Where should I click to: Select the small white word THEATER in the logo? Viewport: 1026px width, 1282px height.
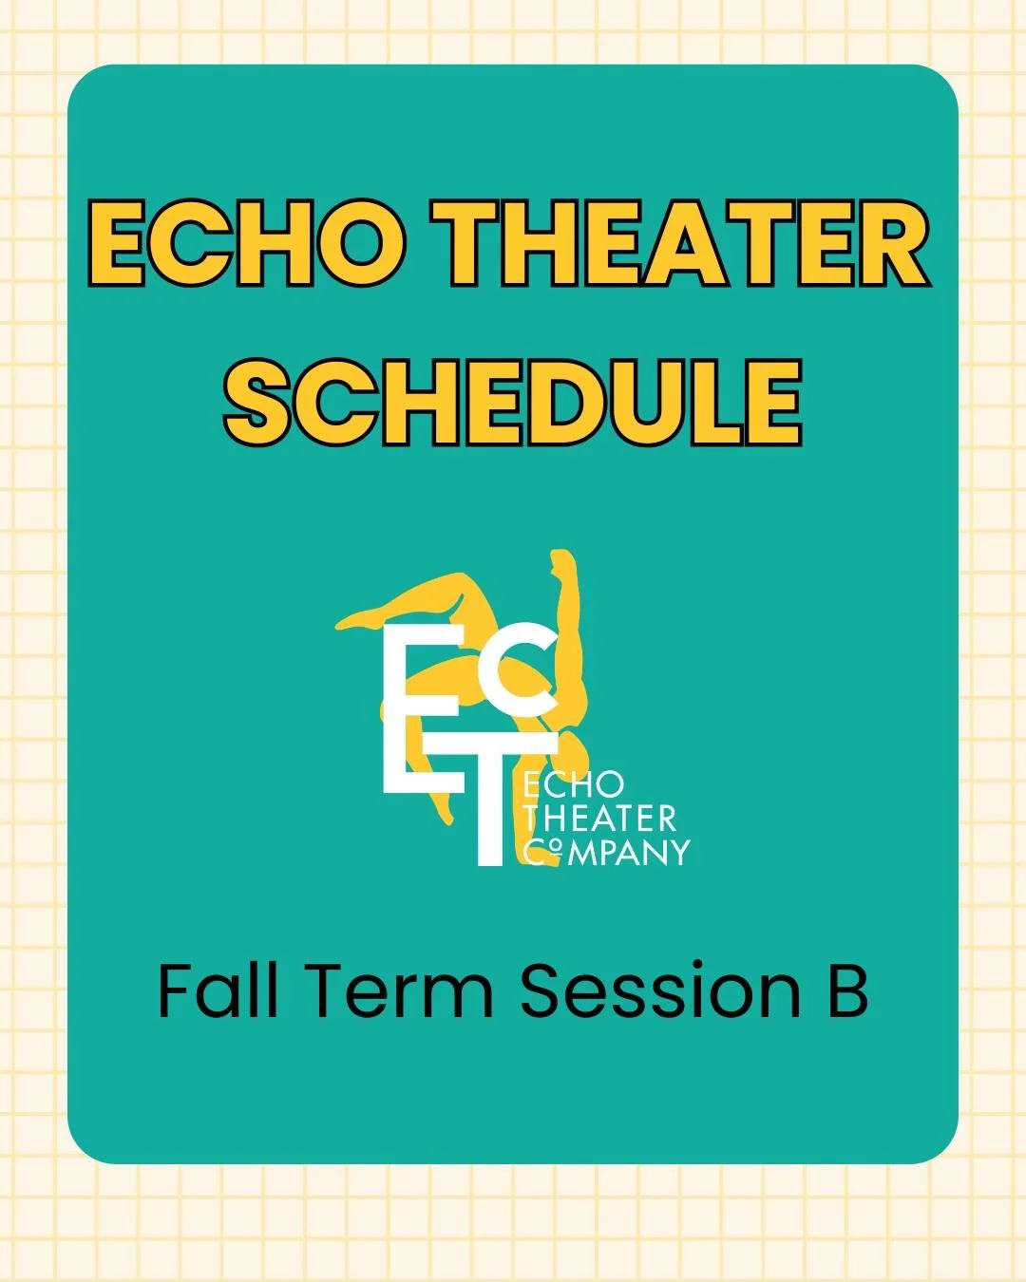pyautogui.click(x=599, y=818)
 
